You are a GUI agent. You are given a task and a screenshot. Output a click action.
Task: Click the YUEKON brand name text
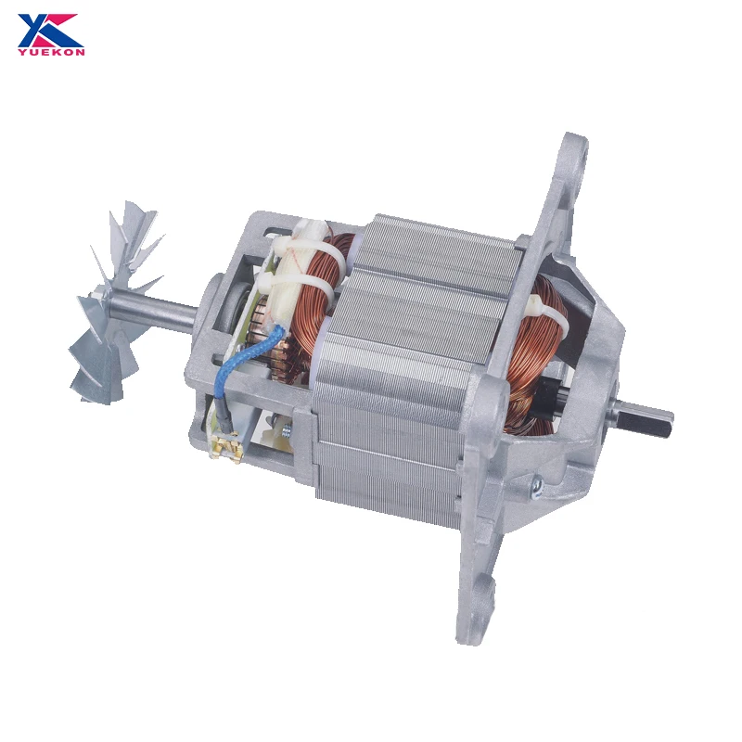click(50, 51)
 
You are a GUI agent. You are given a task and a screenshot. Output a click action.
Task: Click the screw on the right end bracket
click(535, 482)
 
